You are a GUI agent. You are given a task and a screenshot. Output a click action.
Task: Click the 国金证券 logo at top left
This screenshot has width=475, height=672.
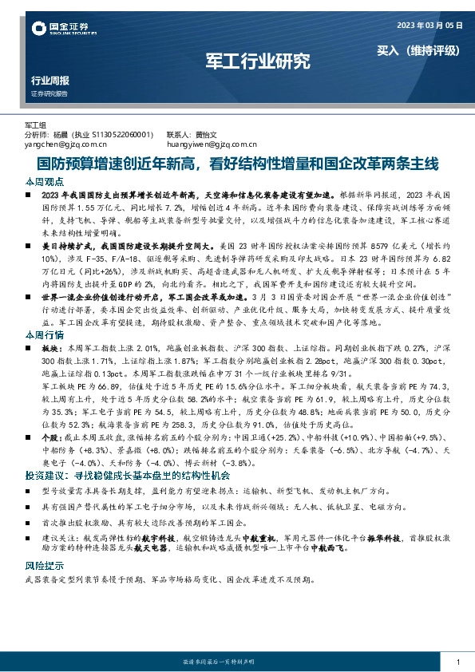(61, 29)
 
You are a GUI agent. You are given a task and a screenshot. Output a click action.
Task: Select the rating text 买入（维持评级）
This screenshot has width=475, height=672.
(419, 49)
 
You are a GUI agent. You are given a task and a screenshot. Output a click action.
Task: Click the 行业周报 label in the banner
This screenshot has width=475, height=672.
(49, 81)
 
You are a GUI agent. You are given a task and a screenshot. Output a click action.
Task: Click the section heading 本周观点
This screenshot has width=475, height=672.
(41, 182)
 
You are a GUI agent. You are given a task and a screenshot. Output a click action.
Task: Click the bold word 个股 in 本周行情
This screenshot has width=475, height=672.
(50, 438)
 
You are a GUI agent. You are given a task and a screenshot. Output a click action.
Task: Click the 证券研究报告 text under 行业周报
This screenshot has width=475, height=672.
(49, 94)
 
